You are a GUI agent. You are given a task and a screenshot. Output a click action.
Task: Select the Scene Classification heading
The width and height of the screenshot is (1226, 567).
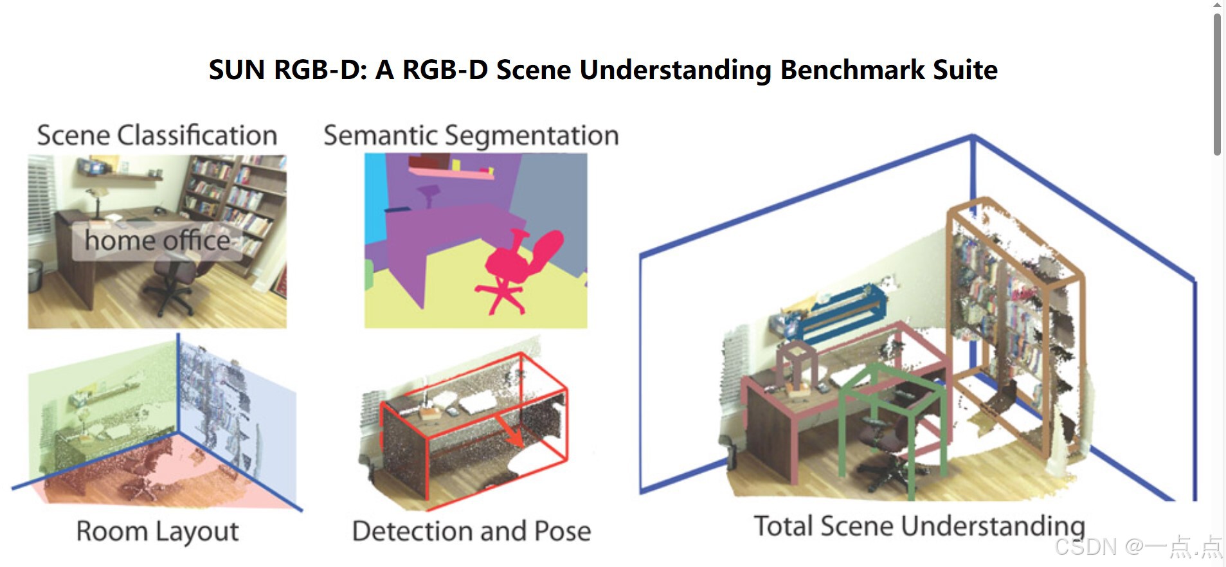(x=157, y=136)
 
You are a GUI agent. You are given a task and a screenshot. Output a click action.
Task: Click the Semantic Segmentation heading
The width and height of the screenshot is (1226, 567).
(x=471, y=136)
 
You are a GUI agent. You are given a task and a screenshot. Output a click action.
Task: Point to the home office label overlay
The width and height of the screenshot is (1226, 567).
(x=157, y=241)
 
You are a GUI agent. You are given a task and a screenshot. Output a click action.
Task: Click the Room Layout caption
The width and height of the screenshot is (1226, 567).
(x=157, y=532)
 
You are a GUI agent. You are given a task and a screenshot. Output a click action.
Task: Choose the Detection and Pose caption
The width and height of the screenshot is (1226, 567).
(x=471, y=532)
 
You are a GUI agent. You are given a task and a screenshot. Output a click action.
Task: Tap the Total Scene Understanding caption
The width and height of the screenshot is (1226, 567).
(x=919, y=526)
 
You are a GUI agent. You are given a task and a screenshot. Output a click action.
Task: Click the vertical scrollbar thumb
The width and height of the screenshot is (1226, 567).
(x=1216, y=84)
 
